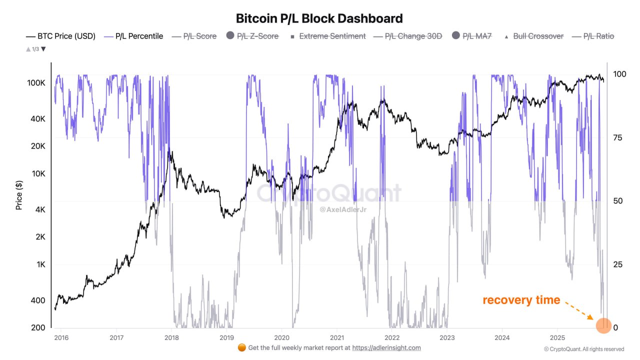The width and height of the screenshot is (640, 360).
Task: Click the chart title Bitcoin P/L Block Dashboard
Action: coord(319,18)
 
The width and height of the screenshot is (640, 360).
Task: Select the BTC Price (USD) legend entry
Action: coord(60,36)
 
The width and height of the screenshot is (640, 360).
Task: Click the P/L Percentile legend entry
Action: coord(133,36)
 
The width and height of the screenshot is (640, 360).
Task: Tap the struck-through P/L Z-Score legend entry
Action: coord(252,36)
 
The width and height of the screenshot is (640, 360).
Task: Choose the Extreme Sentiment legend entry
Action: coord(328,36)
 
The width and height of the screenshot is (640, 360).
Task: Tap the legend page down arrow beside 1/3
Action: coord(43,49)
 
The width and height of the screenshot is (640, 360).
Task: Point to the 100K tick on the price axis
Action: coord(36,83)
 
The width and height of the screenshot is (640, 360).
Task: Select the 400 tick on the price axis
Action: coord(38,300)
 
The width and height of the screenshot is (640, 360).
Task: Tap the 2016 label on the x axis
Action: coord(61,338)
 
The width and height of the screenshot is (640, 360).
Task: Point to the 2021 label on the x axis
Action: coord(337,338)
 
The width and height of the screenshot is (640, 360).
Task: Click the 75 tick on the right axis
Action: coord(619,137)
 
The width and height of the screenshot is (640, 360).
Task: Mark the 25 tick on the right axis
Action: coord(619,264)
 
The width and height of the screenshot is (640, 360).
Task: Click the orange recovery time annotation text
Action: coord(521,300)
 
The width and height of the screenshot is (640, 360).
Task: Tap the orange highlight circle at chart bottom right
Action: coord(603,325)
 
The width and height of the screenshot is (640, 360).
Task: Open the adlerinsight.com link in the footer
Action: coord(386,348)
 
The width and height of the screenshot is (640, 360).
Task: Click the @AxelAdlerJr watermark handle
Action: coord(343,209)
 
